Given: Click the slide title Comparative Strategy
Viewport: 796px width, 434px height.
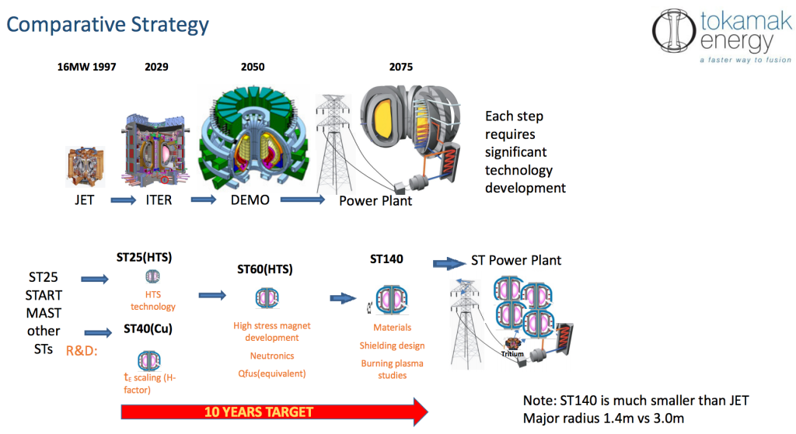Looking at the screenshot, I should (107, 24).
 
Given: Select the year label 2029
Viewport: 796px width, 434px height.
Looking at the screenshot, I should (156, 67).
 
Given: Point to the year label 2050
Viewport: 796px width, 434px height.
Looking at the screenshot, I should (253, 67).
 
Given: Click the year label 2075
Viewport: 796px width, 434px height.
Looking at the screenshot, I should (401, 67).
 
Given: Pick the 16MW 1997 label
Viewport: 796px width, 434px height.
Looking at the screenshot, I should (86, 67).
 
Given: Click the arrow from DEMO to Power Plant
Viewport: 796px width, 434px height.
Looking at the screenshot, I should (302, 200).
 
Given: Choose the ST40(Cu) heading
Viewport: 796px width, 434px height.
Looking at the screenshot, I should (148, 329).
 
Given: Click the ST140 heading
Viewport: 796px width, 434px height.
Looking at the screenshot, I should (387, 259).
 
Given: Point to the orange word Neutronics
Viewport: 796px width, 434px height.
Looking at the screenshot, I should (271, 356).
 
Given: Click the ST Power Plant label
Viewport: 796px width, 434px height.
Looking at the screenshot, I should (516, 259).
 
